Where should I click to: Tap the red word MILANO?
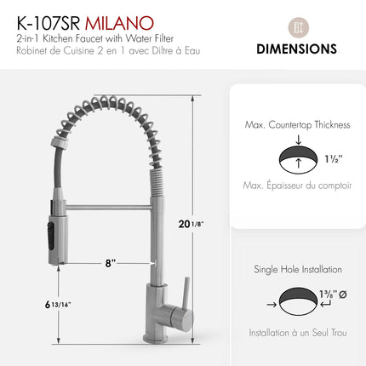click(129, 19)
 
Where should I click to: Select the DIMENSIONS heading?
click(296, 49)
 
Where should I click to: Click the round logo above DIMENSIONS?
click(296, 24)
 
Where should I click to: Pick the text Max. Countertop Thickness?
click(297, 124)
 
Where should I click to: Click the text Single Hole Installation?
click(298, 269)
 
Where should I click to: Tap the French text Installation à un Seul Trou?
click(297, 333)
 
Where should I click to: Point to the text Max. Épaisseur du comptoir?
click(297, 185)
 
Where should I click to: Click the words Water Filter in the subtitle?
click(161, 37)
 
